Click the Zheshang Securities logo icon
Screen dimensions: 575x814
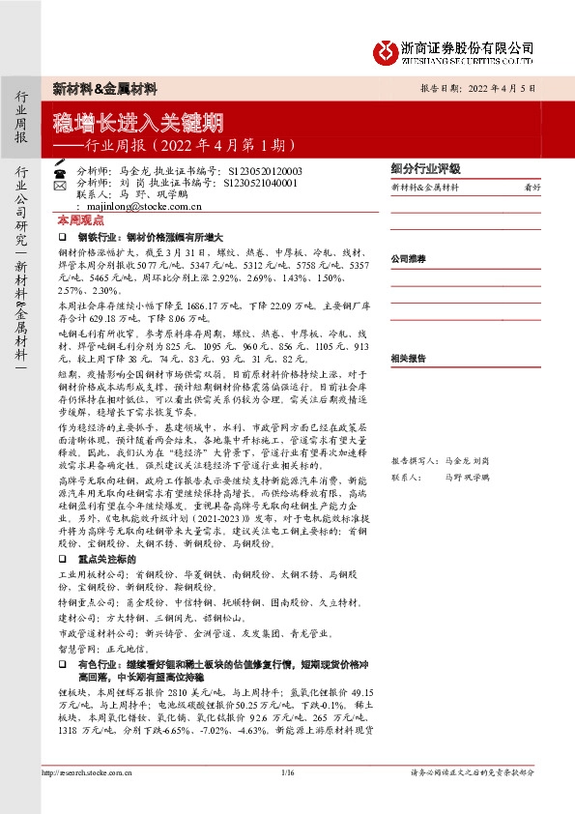point(387,48)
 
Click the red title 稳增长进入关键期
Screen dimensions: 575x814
point(139,123)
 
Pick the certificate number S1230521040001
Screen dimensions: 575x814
point(262,181)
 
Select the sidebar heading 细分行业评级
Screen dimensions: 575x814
point(424,167)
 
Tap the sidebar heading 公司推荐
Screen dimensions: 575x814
point(408,259)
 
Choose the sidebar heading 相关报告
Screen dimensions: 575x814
point(408,358)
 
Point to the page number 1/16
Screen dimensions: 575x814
point(287,772)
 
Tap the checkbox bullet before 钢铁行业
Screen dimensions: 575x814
point(62,236)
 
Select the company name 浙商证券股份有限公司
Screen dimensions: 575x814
point(468,46)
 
